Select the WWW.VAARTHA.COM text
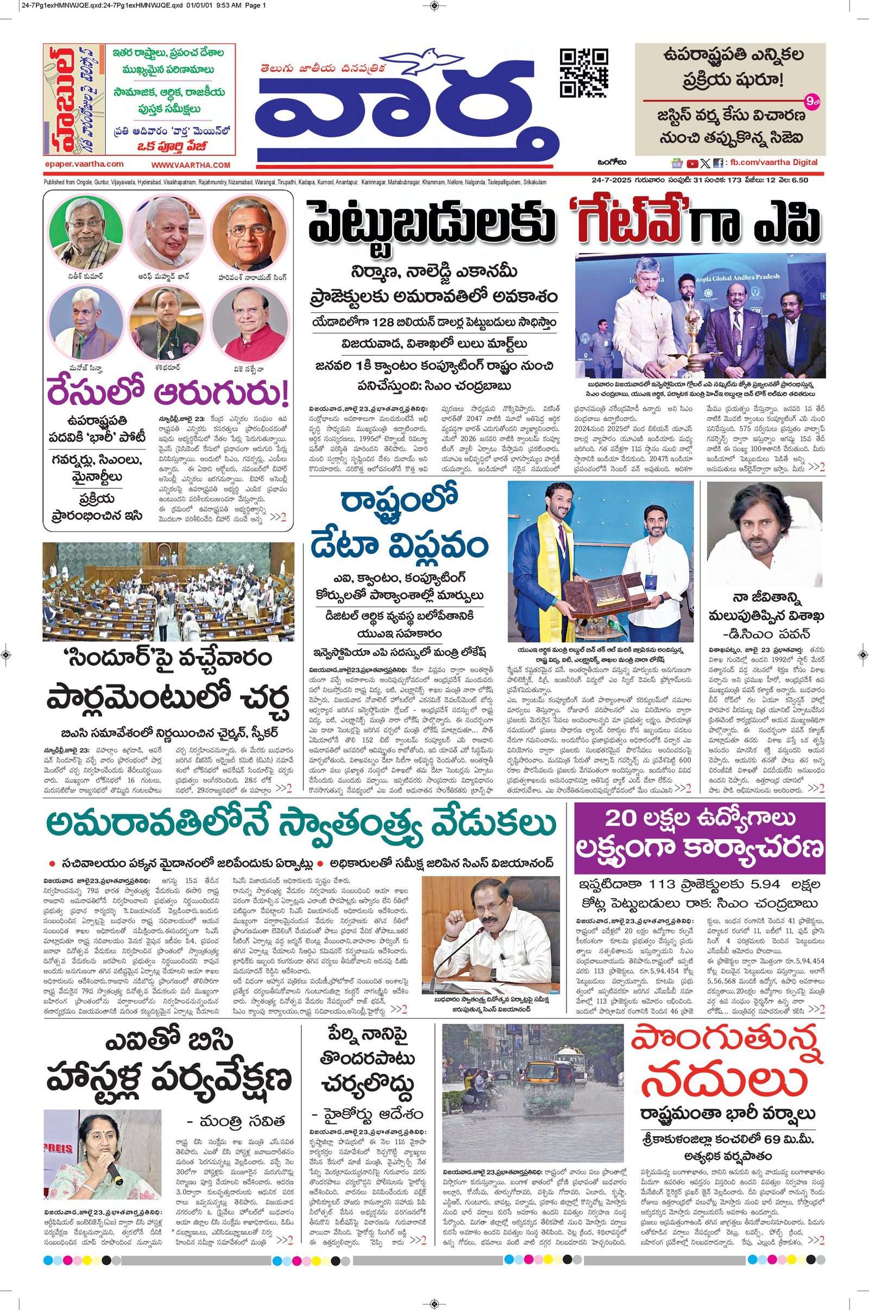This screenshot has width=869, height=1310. (191, 165)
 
